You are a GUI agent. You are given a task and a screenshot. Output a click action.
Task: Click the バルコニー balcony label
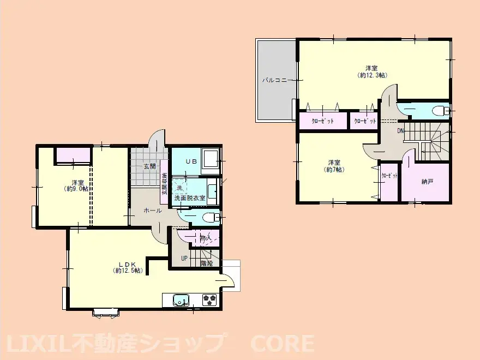pyautogui.click(x=276, y=80)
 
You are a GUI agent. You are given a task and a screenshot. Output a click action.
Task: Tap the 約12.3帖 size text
pyautogui.click(x=372, y=75)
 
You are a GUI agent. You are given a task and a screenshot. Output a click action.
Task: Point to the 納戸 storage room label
pyautogui.click(x=427, y=182)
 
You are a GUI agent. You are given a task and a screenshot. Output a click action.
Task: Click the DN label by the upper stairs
pyautogui.click(x=400, y=130)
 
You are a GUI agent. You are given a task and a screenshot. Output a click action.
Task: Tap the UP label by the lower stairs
pyautogui.click(x=184, y=258)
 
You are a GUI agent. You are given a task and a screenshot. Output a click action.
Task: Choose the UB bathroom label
pyautogui.click(x=190, y=161)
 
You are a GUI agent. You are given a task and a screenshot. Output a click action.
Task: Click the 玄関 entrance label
pyautogui.click(x=149, y=166)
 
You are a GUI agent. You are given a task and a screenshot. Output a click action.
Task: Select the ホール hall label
pyautogui.click(x=152, y=210)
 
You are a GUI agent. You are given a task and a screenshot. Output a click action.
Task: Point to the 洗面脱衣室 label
pyautogui.click(x=190, y=198)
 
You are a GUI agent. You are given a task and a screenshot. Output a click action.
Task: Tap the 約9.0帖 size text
pyautogui.click(x=76, y=189)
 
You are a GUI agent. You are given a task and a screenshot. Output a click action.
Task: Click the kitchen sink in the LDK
pyautogui.click(x=181, y=300)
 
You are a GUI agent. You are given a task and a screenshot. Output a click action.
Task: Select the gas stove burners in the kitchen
pyautogui.click(x=209, y=299)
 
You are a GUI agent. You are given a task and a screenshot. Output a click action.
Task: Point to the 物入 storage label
pyautogui.click(x=206, y=238)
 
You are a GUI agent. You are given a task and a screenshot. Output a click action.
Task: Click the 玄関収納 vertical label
pyautogui.click(x=164, y=184)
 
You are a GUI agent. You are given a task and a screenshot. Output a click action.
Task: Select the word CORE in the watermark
pyautogui.click(x=282, y=344)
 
